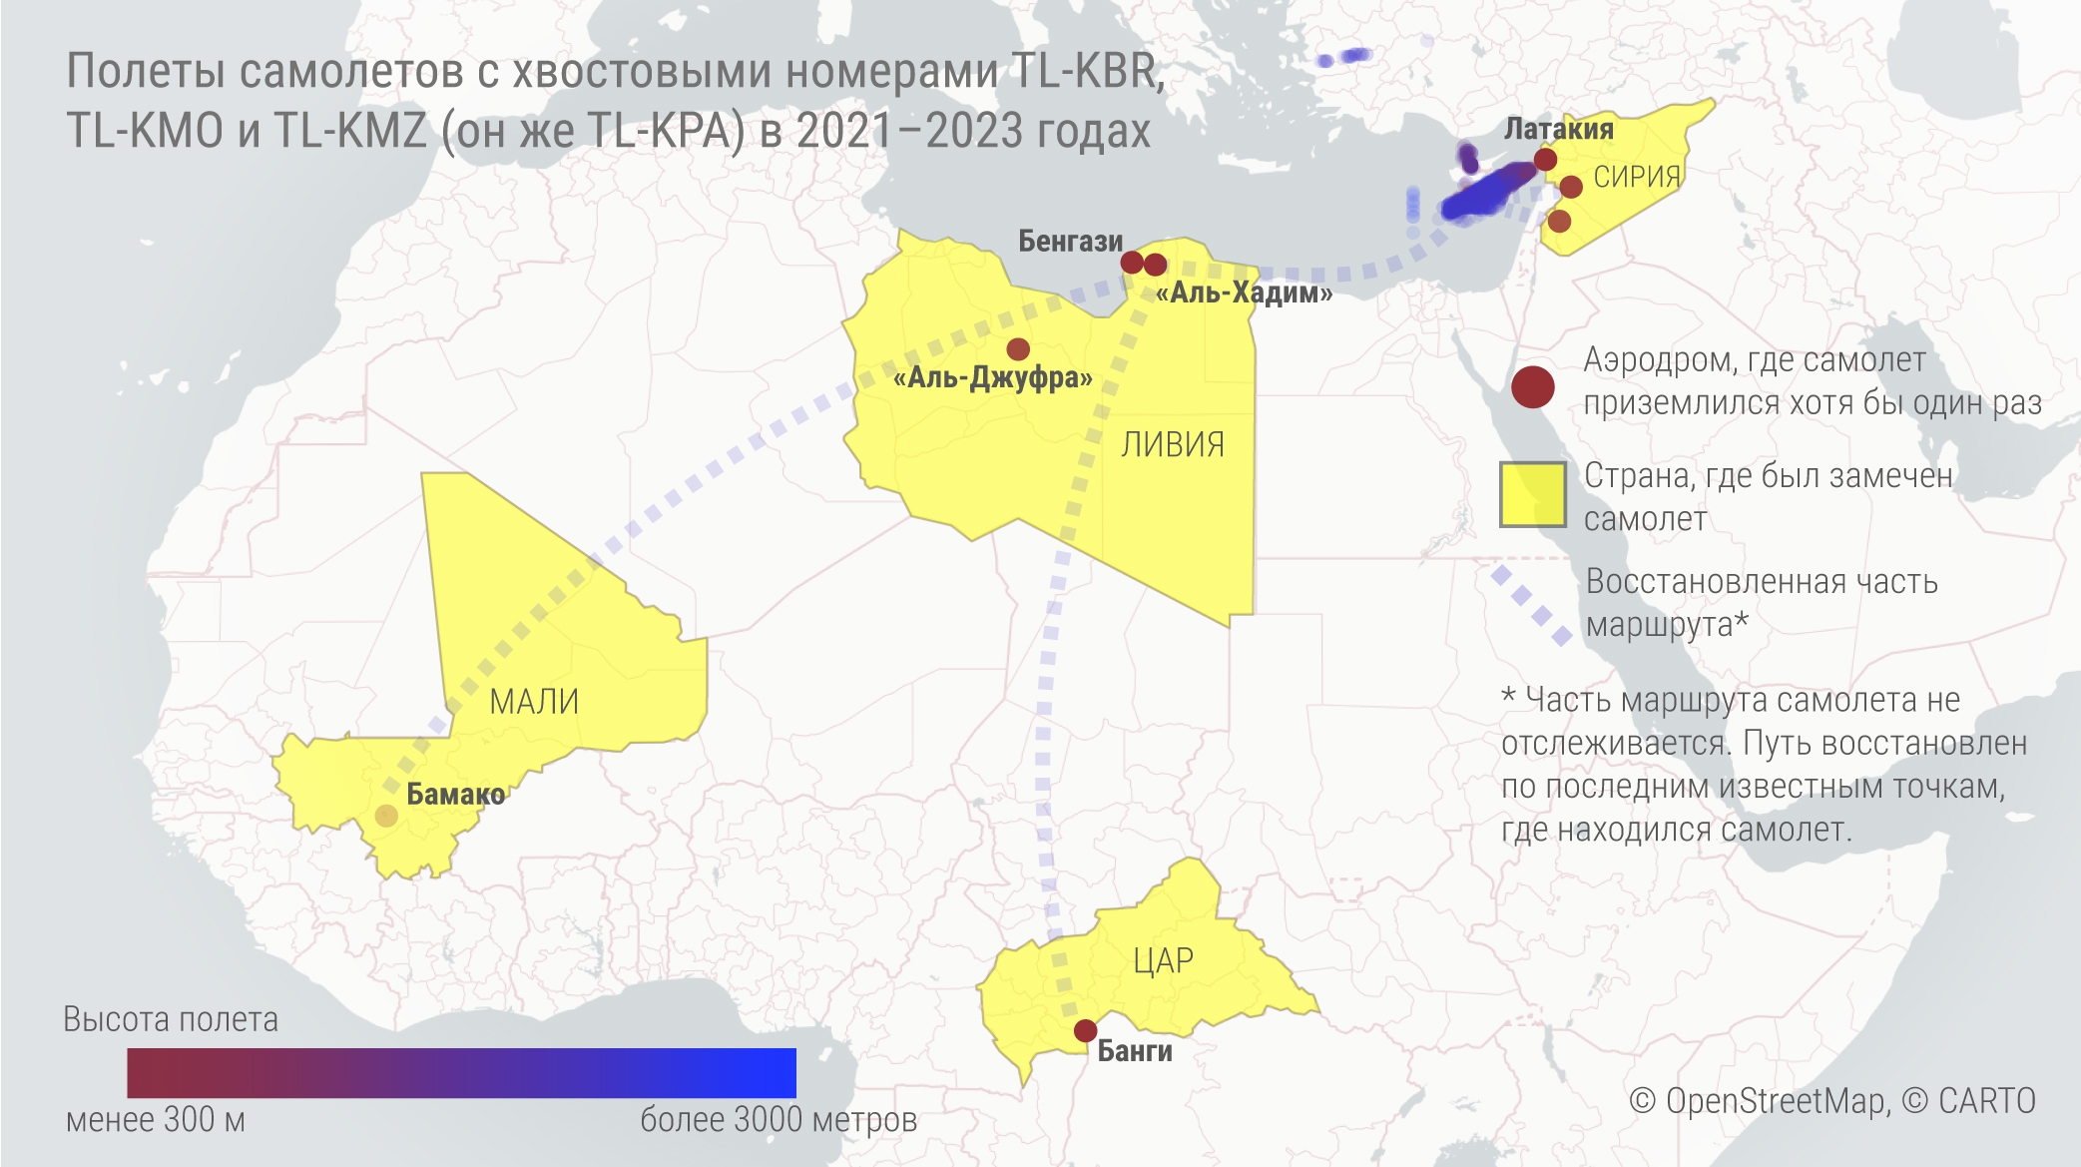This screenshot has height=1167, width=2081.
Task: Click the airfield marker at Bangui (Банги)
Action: pyautogui.click(x=1085, y=1030)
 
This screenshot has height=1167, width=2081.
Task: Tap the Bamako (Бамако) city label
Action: pyautogui.click(x=455, y=795)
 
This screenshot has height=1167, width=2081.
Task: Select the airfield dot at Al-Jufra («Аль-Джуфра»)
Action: pyautogui.click(x=1018, y=349)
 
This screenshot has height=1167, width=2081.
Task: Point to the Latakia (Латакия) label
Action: pyautogui.click(x=1558, y=129)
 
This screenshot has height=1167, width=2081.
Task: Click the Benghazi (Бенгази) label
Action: pyautogui.click(x=1070, y=241)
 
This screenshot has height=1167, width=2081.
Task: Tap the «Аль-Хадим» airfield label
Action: pyautogui.click(x=1244, y=292)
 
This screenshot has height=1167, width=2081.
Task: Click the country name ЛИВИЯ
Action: pyautogui.click(x=1173, y=444)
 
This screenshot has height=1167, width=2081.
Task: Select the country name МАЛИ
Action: pyautogui.click(x=534, y=701)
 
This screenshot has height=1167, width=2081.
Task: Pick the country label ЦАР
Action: pyautogui.click(x=1163, y=960)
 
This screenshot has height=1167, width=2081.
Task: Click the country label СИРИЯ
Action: pyautogui.click(x=1637, y=177)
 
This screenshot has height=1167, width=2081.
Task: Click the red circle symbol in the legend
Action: pyautogui.click(x=1532, y=386)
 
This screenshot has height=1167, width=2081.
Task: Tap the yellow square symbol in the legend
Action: pyautogui.click(x=1532, y=494)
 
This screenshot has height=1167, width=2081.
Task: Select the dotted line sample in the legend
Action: pyautogui.click(x=1530, y=605)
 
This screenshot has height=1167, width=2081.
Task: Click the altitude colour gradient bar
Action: pyautogui.click(x=461, y=1072)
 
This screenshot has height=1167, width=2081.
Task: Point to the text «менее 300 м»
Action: pyautogui.click(x=156, y=1120)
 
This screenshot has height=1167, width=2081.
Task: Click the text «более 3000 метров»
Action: pyautogui.click(x=778, y=1120)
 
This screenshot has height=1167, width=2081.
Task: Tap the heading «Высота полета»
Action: pyautogui.click(x=171, y=1019)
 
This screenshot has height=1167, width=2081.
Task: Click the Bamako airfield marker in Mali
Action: pyautogui.click(x=386, y=816)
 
